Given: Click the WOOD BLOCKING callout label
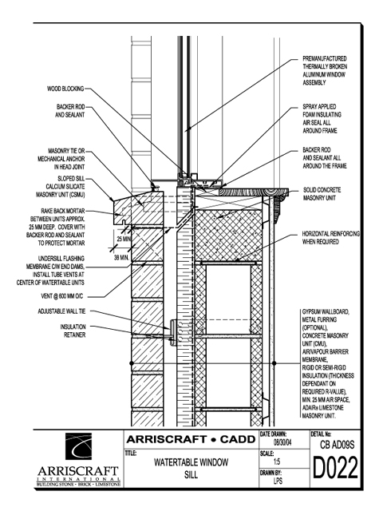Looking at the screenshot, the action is [x=65, y=89].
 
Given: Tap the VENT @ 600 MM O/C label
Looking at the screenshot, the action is [x=62, y=296].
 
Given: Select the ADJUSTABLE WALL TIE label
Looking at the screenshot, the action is [x=62, y=311].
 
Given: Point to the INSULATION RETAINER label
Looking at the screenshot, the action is [x=73, y=331].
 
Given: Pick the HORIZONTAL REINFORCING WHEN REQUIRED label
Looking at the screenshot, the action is [x=331, y=238].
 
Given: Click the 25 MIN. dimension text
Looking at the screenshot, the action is [x=124, y=239].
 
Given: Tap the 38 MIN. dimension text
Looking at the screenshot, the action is [x=122, y=258].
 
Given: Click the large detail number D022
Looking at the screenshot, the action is [x=335, y=468].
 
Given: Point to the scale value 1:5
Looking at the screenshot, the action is [x=277, y=461].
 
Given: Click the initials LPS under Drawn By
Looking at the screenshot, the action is [x=278, y=481].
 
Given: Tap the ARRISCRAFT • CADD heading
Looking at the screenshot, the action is [x=191, y=439].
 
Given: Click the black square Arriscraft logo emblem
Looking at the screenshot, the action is [x=78, y=446].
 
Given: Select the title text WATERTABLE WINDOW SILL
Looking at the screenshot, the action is [x=191, y=469].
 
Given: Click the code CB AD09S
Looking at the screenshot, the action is [x=337, y=445].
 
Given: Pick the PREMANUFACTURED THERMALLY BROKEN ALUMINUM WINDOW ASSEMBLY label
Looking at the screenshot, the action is [x=325, y=70].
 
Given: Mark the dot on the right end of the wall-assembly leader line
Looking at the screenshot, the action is [x=274, y=363].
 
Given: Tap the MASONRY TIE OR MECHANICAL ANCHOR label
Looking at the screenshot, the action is [x=61, y=159].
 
